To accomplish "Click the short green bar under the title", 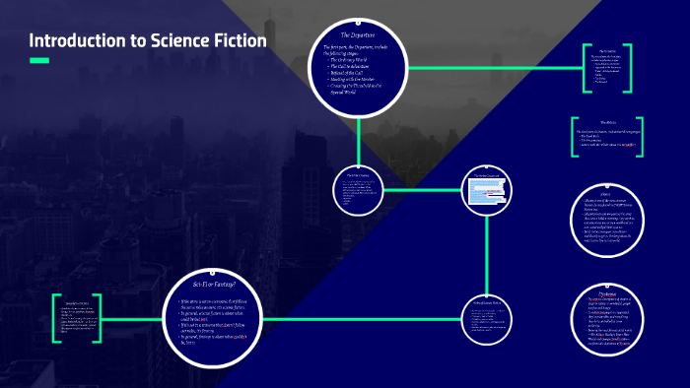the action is pos(39,61).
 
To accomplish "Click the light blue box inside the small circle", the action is pos(492,197).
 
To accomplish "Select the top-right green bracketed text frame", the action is pos(603,70).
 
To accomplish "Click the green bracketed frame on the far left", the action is pos(78,318).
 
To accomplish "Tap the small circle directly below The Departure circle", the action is pos(359,190).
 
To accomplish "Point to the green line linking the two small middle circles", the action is pos(425,190).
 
